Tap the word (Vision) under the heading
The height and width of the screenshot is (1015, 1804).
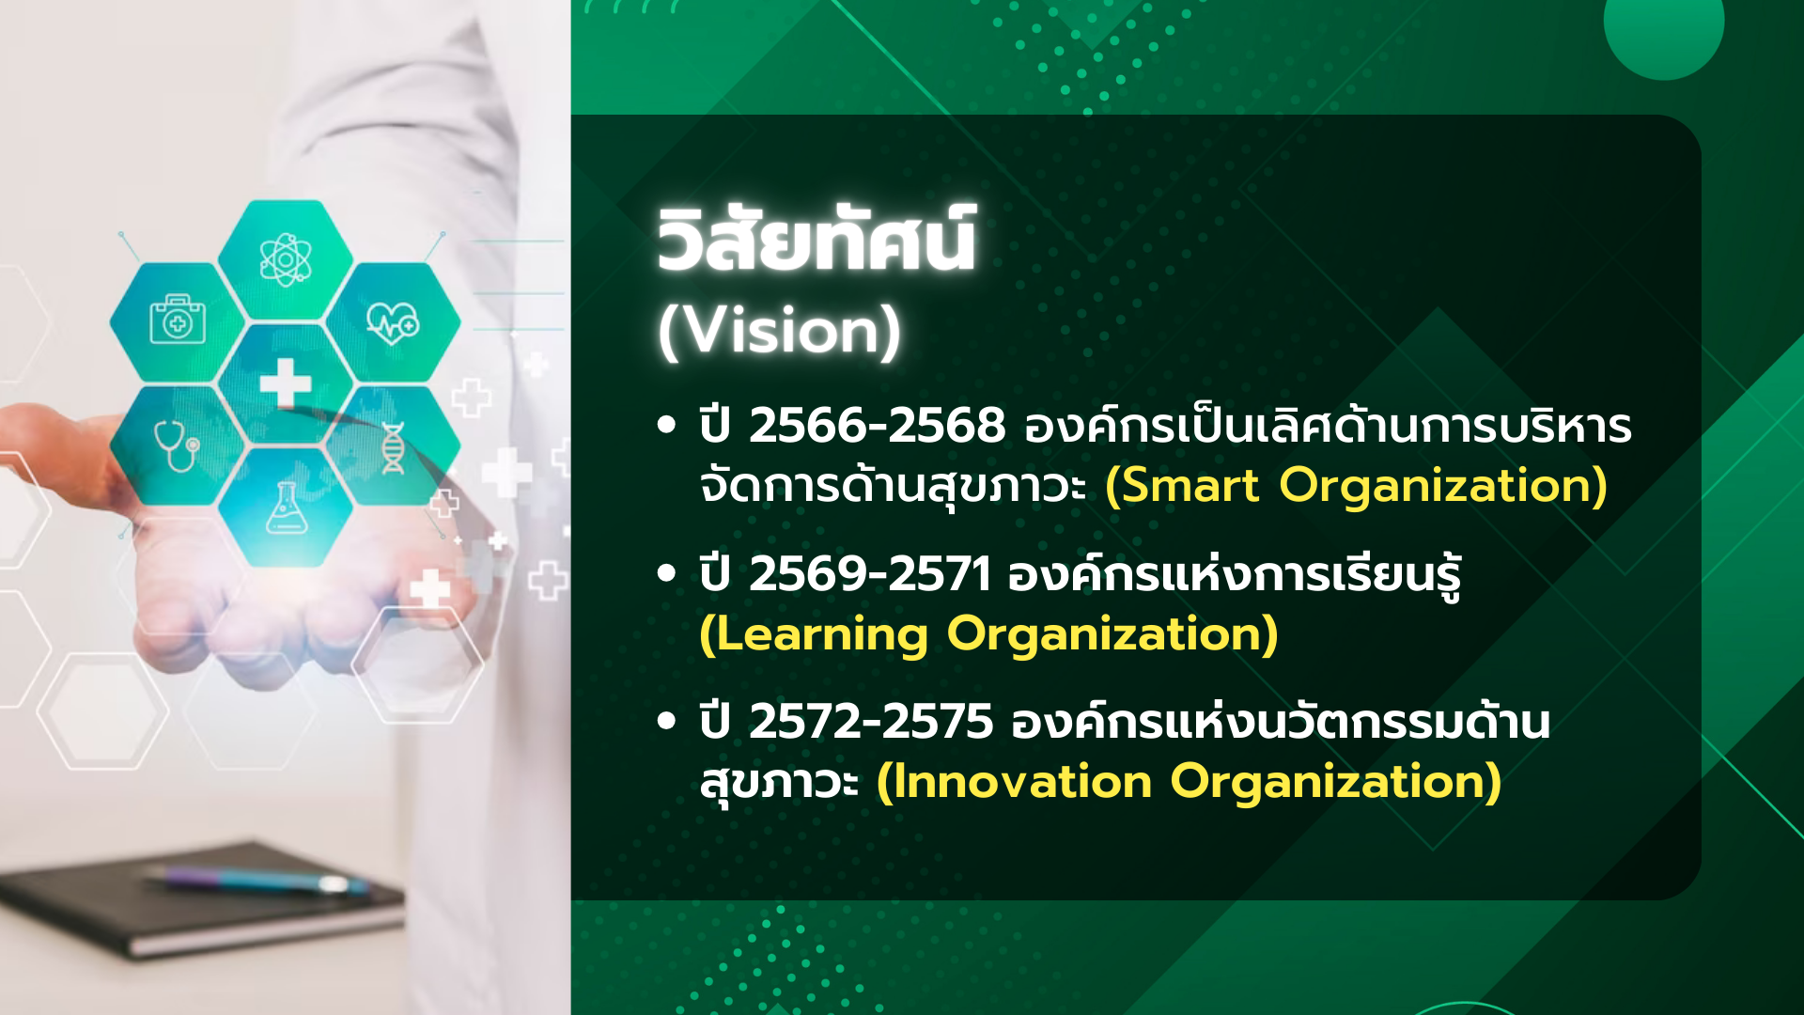click(x=779, y=332)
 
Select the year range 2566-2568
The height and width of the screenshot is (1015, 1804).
click(x=877, y=425)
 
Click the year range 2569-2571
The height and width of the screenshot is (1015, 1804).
click(x=870, y=573)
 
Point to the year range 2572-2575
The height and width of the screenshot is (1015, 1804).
click(x=871, y=722)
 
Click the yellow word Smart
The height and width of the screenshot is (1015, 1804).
click(x=1182, y=486)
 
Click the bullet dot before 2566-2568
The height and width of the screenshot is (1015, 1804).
click(x=667, y=425)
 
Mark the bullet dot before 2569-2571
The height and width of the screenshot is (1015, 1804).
click(x=667, y=573)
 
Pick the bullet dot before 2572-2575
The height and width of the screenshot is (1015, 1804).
click(x=667, y=722)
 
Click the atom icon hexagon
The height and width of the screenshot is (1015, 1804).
click(x=286, y=259)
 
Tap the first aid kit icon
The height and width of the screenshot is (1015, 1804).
click(x=178, y=320)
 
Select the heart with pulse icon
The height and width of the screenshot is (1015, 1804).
click(x=393, y=323)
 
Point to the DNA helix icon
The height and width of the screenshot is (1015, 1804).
click(x=393, y=448)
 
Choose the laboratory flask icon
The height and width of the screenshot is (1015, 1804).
click(x=287, y=507)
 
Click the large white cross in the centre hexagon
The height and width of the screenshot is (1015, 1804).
click(x=286, y=383)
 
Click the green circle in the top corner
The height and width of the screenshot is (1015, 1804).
click(x=1664, y=28)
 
